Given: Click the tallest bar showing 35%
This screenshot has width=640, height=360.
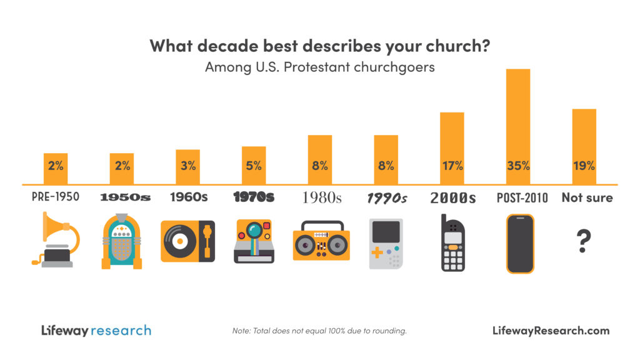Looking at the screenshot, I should click(x=518, y=125).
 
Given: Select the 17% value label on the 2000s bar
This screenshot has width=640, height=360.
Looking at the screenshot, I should click(x=452, y=166).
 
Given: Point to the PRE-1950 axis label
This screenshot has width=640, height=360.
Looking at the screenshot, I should click(x=56, y=197).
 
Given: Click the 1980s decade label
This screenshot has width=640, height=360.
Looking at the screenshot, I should click(x=322, y=198).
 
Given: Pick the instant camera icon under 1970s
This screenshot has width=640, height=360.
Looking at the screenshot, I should click(x=253, y=241).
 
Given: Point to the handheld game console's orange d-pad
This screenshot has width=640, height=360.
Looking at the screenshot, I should click(x=378, y=253).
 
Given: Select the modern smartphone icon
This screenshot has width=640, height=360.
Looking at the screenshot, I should click(x=520, y=244).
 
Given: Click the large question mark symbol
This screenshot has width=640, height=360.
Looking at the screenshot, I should click(x=584, y=241).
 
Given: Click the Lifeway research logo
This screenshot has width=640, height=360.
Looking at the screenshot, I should click(x=96, y=330).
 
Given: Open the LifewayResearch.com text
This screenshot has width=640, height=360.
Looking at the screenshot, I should click(x=551, y=331).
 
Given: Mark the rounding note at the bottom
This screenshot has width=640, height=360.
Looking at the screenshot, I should click(x=319, y=331).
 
